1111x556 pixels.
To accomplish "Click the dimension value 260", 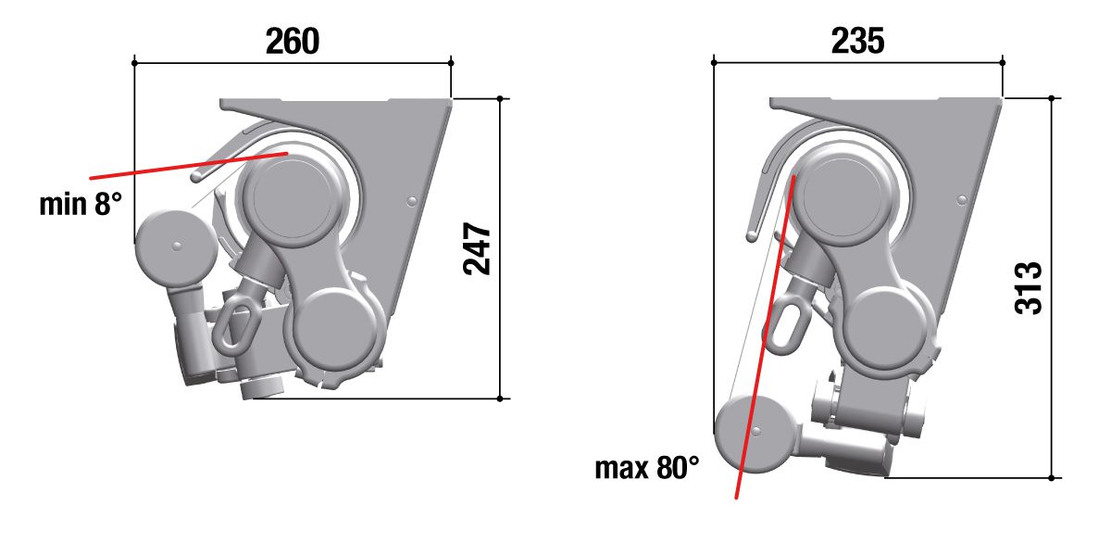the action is pyautogui.click(x=293, y=41).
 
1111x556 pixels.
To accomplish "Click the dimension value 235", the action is pyautogui.click(x=857, y=41).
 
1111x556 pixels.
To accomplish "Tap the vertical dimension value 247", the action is pyautogui.click(x=477, y=248).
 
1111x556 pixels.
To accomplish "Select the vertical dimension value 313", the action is pyautogui.click(x=1029, y=288).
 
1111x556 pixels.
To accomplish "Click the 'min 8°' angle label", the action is pyautogui.click(x=81, y=204).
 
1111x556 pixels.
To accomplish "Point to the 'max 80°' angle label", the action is pyautogui.click(x=647, y=468).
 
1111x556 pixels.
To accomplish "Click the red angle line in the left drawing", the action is pyautogui.click(x=189, y=166).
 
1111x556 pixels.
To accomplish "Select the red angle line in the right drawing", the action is pyautogui.click(x=766, y=336).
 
